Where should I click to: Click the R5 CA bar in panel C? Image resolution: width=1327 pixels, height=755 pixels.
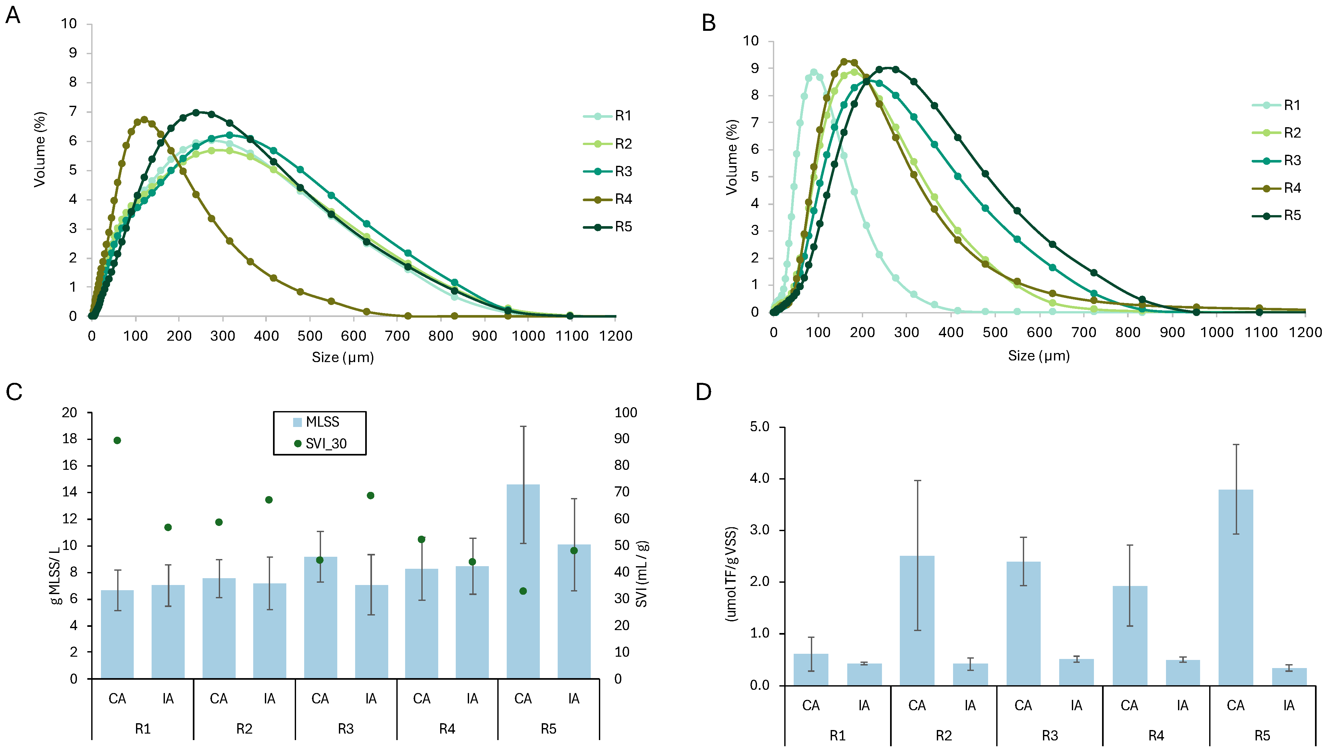click(x=523, y=581)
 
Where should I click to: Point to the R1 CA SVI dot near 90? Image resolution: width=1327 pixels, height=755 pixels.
click(x=117, y=440)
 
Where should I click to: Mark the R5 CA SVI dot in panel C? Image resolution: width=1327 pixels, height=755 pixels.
click(x=523, y=591)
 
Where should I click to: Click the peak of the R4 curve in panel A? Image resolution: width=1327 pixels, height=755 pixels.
click(x=144, y=119)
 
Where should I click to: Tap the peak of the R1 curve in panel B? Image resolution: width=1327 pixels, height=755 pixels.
click(x=813, y=73)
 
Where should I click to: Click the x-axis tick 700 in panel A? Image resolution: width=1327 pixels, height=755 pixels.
click(x=397, y=336)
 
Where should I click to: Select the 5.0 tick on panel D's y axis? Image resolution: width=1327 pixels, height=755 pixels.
click(x=760, y=427)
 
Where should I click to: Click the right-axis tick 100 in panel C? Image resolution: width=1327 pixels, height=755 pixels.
click(x=626, y=413)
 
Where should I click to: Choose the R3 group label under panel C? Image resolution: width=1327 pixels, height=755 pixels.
click(x=345, y=729)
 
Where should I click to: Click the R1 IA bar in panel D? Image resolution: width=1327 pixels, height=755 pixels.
click(x=864, y=674)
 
